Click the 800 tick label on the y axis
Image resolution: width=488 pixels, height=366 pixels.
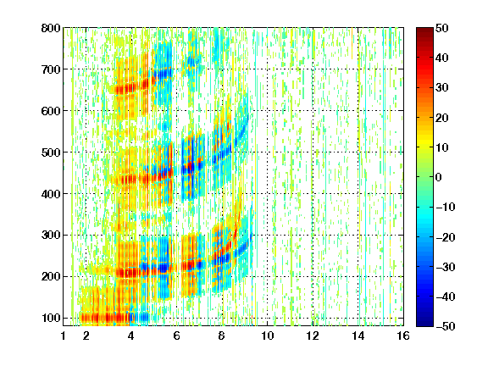(x=51, y=28)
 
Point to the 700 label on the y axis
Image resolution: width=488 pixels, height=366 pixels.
(x=51, y=69)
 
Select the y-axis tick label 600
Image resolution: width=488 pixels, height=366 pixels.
(x=51, y=111)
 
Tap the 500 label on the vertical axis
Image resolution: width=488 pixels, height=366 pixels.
(x=51, y=152)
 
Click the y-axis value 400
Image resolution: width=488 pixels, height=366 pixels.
(x=51, y=194)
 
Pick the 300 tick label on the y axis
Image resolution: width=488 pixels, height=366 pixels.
(x=51, y=236)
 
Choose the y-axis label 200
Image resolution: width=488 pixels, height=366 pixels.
(x=51, y=277)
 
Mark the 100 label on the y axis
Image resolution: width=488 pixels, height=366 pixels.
(x=51, y=318)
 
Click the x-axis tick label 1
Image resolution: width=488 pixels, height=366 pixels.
(x=64, y=335)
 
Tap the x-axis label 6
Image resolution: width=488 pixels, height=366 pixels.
(x=177, y=335)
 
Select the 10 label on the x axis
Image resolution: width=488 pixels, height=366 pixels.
(x=268, y=335)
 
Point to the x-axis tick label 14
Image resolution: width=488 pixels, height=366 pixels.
(x=358, y=335)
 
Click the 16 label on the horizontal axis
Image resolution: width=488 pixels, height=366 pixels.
(x=403, y=335)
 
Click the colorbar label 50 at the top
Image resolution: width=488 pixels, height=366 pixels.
(x=442, y=28)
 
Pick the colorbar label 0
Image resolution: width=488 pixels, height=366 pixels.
(x=439, y=177)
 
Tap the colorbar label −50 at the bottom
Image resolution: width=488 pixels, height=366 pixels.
(x=446, y=326)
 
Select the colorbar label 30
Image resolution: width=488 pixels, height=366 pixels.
(x=442, y=88)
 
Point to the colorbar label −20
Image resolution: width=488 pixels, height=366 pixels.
(x=446, y=237)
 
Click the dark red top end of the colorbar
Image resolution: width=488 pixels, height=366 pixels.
(x=424, y=30)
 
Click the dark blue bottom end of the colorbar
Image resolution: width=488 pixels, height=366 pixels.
(x=424, y=324)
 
